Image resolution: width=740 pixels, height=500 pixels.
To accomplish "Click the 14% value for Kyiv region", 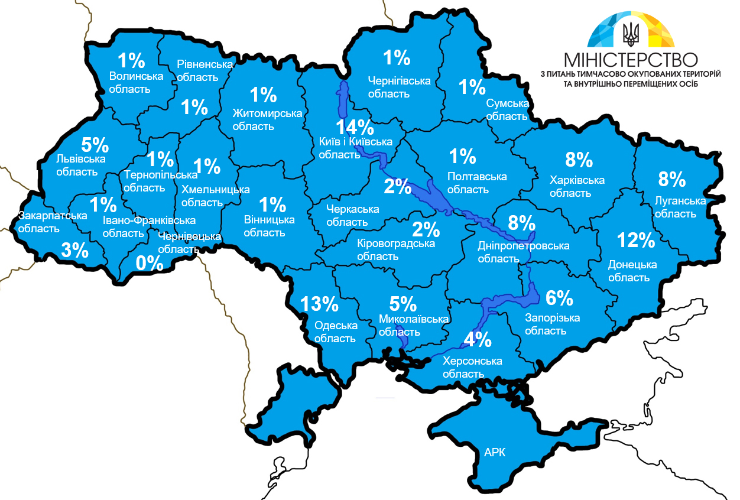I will (x=355, y=127).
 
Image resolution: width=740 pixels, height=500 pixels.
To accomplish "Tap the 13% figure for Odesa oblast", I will (x=319, y=304).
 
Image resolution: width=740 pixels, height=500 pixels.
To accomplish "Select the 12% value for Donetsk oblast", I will (x=636, y=241).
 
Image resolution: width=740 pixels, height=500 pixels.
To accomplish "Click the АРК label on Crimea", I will (x=495, y=453).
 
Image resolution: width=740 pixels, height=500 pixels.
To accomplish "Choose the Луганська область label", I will (x=680, y=207).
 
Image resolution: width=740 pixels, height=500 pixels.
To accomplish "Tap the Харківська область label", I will (x=577, y=186).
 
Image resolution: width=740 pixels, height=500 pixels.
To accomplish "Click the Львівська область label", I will (x=77, y=165).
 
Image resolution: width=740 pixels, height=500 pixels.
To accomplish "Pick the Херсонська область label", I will (x=472, y=367).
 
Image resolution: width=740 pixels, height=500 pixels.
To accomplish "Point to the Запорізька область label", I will (x=552, y=324).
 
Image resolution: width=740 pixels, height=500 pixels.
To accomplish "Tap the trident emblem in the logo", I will (x=632, y=34).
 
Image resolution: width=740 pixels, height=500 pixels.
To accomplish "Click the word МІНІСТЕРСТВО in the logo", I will (x=631, y=60).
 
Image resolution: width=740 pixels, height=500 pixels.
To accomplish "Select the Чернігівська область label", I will (x=399, y=87).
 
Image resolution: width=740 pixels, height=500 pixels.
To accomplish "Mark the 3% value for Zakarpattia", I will (x=75, y=250).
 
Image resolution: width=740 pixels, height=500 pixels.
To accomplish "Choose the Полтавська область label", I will (x=477, y=183).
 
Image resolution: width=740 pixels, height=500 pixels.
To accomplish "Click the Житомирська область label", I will (x=267, y=119).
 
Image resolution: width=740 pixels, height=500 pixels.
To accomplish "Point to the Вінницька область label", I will (x=269, y=226).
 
